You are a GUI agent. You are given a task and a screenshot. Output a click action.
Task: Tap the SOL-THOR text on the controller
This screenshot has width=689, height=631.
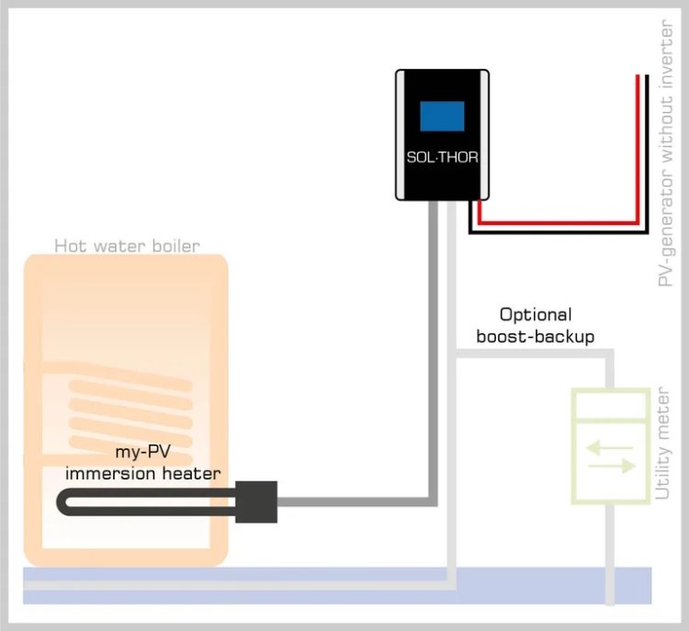pyautogui.click(x=443, y=157)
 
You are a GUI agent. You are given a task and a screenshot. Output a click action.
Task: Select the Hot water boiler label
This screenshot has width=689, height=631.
pyautogui.click(x=127, y=245)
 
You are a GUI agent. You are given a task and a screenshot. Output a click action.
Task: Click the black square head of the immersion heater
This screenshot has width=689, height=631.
pyautogui.click(x=256, y=501)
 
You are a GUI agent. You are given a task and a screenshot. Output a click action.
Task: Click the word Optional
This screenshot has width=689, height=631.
pyautogui.click(x=536, y=315)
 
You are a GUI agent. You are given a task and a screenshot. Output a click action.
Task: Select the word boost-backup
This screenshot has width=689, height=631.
pyautogui.click(x=535, y=336)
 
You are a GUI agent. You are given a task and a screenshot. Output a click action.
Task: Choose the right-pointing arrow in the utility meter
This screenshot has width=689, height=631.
pyautogui.click(x=612, y=467)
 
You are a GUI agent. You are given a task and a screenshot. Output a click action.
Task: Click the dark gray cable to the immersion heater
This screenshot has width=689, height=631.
pyautogui.click(x=432, y=367)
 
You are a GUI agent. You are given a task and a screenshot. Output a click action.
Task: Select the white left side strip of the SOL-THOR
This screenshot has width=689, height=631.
pyautogui.click(x=401, y=134)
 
